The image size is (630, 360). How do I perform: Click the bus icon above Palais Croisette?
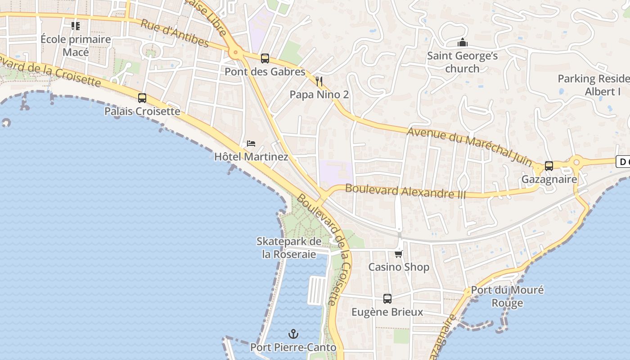coord(142,98)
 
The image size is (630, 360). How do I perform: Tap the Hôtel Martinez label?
coord(251,157)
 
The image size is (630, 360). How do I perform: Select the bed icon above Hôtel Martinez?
coord(251,144)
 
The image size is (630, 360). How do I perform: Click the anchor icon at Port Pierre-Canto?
coord(293,334)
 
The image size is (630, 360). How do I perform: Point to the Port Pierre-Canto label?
coord(293,347)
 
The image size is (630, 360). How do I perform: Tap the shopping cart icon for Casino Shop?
coord(398,254)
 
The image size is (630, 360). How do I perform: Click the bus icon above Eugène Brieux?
coord(387,298)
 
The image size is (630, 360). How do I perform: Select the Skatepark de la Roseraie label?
coord(289,247)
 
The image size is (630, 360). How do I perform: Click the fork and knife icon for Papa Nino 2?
coord(319,81)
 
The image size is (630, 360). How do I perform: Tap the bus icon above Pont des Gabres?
coord(265,58)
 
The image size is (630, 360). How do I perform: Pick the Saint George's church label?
coord(462,62)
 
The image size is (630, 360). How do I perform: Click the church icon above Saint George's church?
coord(462,43)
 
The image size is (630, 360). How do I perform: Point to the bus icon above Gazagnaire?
coord(549,166)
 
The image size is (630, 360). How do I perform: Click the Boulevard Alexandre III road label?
coord(405,191)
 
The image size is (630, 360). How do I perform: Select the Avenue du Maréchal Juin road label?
coord(470,144)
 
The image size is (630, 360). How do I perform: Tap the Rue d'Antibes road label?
coord(175,33)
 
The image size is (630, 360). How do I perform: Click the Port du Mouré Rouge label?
coord(507,296)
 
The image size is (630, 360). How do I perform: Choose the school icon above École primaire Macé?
coord(76,26)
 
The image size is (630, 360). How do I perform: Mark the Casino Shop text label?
coord(399,267)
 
